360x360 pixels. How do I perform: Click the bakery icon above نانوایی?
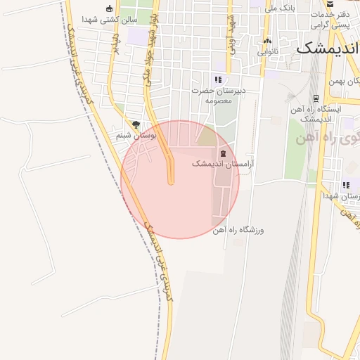pos(267,41)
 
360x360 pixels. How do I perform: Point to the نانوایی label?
pos(267,51)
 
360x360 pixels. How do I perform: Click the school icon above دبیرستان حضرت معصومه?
pos(218,80)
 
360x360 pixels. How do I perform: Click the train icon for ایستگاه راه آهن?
pos(316,98)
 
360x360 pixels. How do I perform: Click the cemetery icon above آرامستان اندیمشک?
pos(223,153)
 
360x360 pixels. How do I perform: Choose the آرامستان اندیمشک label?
pos(223,163)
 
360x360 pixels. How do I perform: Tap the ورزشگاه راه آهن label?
pos(241,230)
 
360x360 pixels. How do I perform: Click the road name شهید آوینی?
pos(229,34)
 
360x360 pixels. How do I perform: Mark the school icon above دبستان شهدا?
pos(346,186)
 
